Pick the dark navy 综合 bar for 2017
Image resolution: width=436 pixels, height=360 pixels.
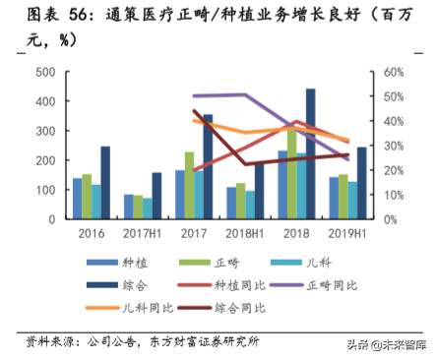[208, 166]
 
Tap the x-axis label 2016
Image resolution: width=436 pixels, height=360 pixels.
[92, 234]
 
